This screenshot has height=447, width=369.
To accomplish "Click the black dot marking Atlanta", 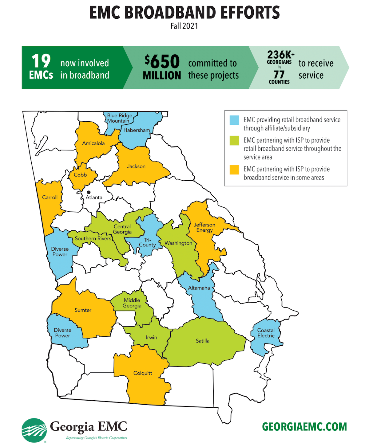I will click(89, 192).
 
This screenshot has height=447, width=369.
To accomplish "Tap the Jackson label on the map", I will click(136, 166).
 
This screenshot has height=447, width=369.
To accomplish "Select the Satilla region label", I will click(202, 341).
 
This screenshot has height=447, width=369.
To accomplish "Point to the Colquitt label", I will click(143, 373).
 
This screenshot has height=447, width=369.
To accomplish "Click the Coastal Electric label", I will click(266, 333).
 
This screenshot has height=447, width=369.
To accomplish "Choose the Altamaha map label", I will click(199, 288).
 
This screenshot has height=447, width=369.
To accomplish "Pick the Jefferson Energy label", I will click(204, 227).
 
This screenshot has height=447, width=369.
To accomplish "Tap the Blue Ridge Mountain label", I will click(120, 118).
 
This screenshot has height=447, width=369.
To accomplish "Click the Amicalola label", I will click(93, 143).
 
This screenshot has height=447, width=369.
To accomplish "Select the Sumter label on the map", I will click(83, 310).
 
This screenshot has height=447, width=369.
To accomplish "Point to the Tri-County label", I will click(147, 242).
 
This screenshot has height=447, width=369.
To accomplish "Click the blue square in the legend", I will click(234, 120).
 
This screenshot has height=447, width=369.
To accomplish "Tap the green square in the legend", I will click(234, 141).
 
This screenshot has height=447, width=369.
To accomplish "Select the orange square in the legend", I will click(234, 170).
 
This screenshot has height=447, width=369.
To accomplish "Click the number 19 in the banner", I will click(41, 61).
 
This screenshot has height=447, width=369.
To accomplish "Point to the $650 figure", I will click(162, 61).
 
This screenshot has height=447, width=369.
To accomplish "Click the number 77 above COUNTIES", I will click(279, 74).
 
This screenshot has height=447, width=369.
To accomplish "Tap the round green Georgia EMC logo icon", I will click(34, 430).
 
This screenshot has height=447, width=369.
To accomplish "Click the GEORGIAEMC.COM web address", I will click(304, 427).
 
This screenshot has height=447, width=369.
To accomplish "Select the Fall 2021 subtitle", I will click(184, 26).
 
